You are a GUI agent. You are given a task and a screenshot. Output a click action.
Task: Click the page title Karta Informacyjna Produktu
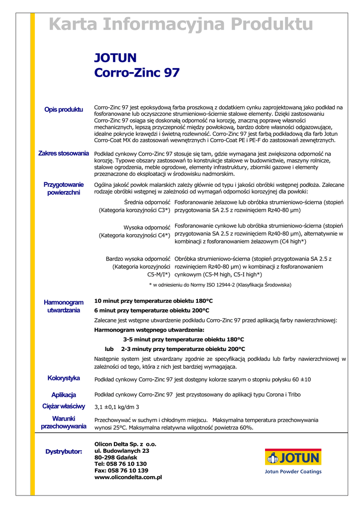180,24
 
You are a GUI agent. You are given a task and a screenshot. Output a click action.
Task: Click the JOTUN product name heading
115,58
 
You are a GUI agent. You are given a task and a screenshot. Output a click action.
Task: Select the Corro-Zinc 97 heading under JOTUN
137,73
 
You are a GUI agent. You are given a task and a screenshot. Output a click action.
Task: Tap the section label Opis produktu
64,109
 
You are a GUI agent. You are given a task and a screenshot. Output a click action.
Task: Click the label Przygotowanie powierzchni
64,188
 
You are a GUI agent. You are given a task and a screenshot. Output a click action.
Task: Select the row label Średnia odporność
147,202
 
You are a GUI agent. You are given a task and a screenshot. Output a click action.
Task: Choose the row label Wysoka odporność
147,227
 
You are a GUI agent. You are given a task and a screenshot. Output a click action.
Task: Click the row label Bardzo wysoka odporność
138,259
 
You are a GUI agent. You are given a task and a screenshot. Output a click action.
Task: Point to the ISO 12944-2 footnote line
220,285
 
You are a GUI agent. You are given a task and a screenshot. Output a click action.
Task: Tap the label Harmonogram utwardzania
64,306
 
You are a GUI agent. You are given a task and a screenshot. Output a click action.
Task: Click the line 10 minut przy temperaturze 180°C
154,301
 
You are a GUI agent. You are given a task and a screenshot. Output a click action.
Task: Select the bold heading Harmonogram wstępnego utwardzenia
149,330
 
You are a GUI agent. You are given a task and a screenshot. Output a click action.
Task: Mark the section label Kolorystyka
64,378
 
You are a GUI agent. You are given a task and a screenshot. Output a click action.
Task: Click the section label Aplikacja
64,395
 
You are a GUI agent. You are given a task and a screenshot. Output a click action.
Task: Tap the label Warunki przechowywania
64,423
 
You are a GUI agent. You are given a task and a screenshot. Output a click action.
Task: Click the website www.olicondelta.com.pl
128,477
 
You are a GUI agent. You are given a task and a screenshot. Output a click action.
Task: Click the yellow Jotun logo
293,457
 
